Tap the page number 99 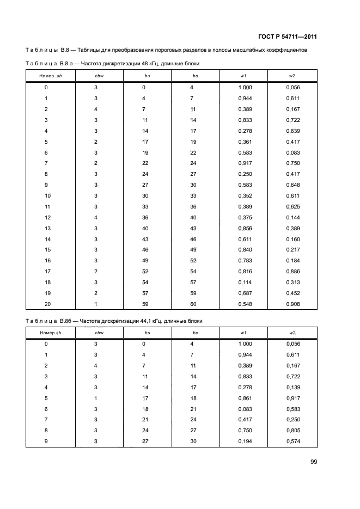pyautogui.click(x=313, y=462)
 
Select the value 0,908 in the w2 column pyautogui.click(x=293, y=304)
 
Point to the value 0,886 pyautogui.click(x=293, y=271)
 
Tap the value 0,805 pyautogui.click(x=293, y=430)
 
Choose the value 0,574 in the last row pyautogui.click(x=293, y=441)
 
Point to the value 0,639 pyautogui.click(x=293, y=131)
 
